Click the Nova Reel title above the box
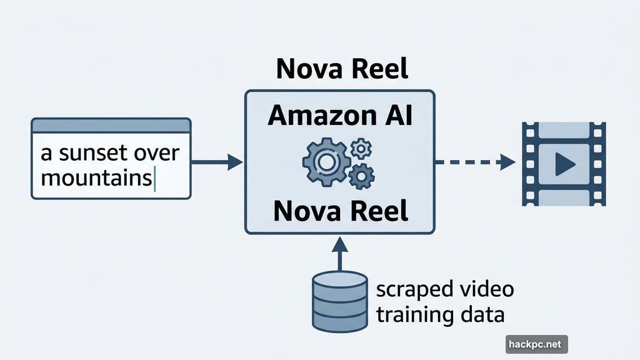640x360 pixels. (x=342, y=69)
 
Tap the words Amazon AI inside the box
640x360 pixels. (x=339, y=116)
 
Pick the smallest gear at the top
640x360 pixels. (x=361, y=148)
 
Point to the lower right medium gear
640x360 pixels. (x=361, y=177)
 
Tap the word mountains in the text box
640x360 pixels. (x=95, y=178)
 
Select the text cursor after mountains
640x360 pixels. (x=154, y=179)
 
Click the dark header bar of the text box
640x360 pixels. (x=111, y=125)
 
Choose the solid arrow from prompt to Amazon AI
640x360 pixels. (x=216, y=162)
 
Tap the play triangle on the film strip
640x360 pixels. (x=564, y=164)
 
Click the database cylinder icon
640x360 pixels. (x=339, y=301)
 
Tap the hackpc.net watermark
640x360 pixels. (x=536, y=344)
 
